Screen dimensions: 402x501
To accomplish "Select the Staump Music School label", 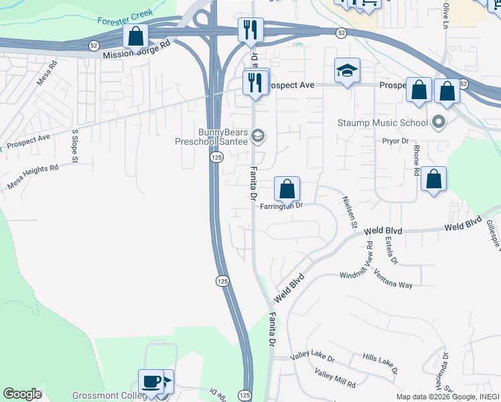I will pyautogui.click(x=382, y=123).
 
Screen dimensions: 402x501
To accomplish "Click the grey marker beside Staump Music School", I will pyautogui.click(x=439, y=122).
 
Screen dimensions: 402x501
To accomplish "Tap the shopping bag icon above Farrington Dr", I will pyautogui.click(x=287, y=190).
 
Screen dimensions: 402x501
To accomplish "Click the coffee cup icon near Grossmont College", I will pyautogui.click(x=151, y=382).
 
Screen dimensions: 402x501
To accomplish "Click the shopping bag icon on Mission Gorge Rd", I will pyautogui.click(x=136, y=36).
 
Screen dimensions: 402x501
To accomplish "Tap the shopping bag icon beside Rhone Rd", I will pyautogui.click(x=434, y=179).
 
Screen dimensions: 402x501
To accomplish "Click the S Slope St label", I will pyautogui.click(x=75, y=146).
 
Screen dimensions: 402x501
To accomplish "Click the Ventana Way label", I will pyautogui.click(x=393, y=279).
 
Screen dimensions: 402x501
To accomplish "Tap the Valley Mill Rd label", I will pyautogui.click(x=335, y=379).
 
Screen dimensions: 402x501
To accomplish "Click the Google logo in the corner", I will pyautogui.click(x=23, y=394).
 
